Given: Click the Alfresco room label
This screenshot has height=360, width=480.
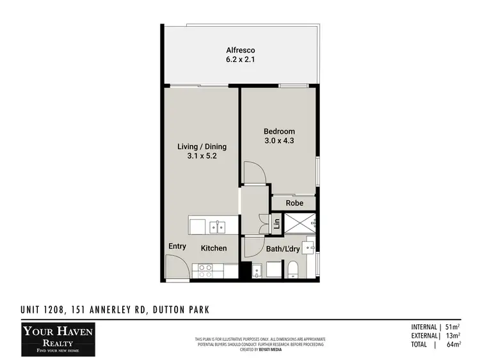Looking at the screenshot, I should pyautogui.click(x=241, y=51).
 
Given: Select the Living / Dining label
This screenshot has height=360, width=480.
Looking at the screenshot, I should pyautogui.click(x=202, y=146).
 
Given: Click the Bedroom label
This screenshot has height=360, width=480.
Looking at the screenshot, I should pyautogui.click(x=279, y=132).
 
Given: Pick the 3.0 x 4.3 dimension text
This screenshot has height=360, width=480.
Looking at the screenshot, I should pyautogui.click(x=279, y=141).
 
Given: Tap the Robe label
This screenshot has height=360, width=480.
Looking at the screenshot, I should pyautogui.click(x=294, y=203).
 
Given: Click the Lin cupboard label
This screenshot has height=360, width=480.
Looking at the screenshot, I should pyautogui.click(x=276, y=224).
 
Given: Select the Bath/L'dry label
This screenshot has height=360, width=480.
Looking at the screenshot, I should pyautogui.click(x=282, y=248).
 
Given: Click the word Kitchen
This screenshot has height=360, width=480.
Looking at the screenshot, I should pyautogui.click(x=214, y=247).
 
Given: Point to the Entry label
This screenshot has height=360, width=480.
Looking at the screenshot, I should pyautogui.click(x=177, y=246).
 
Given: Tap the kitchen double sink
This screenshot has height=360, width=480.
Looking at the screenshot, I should pyautogui.click(x=219, y=226).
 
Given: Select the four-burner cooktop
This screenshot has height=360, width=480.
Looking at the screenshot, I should pyautogui.click(x=207, y=270).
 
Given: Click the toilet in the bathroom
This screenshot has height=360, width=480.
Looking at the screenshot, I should pyautogui.click(x=293, y=269).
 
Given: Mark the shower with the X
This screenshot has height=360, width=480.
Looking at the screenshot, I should pyautogui.click(x=300, y=224).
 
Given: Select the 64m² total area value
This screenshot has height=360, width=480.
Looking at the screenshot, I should pyautogui.click(x=453, y=345).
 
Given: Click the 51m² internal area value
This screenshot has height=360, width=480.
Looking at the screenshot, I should pyautogui.click(x=453, y=327).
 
